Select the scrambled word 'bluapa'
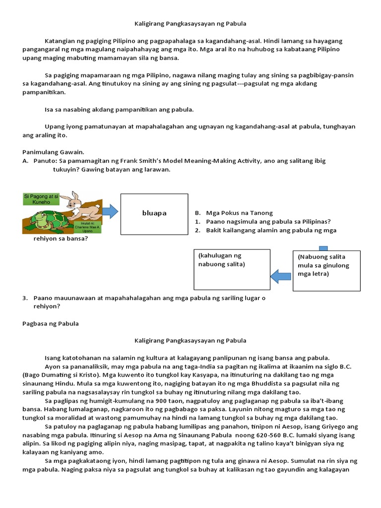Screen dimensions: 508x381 click(x=154, y=213)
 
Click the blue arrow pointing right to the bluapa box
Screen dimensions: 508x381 click(x=111, y=211)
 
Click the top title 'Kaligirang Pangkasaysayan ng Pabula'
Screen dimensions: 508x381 click(x=191, y=23)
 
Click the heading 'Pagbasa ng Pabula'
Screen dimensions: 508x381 click(x=51, y=323)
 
